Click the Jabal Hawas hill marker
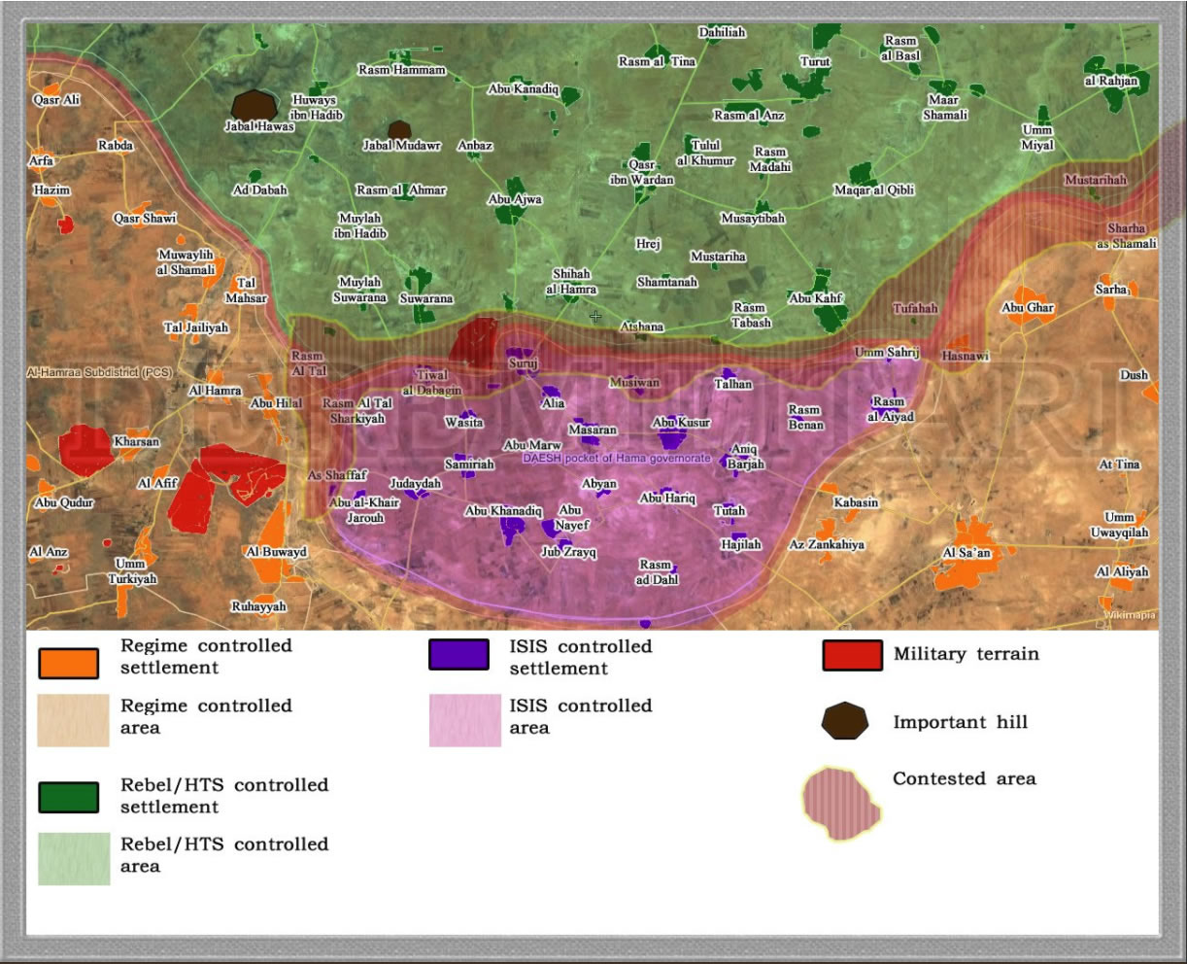point(254,105)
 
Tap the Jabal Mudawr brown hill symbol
point(398,130)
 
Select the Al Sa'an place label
point(967,553)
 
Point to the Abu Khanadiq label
point(503,511)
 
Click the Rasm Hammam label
point(401,70)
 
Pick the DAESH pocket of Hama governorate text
point(617,458)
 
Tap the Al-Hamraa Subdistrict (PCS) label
point(99,372)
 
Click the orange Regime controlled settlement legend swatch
point(68,662)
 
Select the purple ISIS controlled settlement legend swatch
point(458,655)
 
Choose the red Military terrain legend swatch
point(852,655)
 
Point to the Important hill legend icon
point(844,721)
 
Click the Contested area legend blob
point(842,802)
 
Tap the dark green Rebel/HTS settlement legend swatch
point(68,797)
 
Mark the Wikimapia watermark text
point(1129,614)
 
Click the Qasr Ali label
point(56,99)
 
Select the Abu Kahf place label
point(816,298)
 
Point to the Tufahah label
point(915,308)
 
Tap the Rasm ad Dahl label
point(657,571)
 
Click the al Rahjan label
point(1110,81)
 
